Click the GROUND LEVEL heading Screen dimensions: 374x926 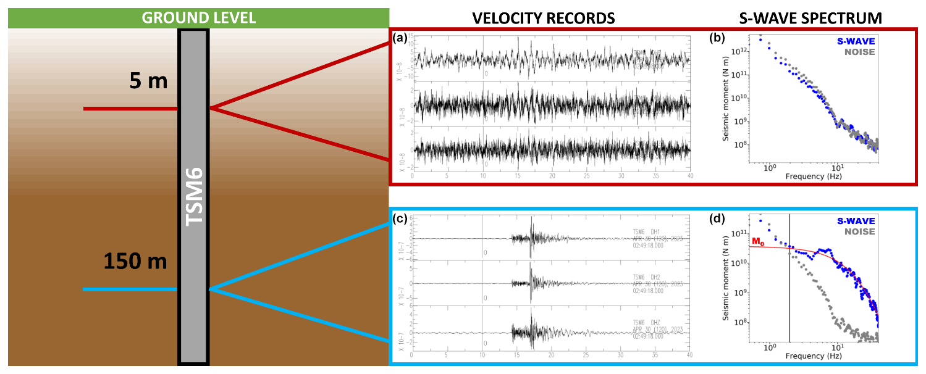pos(198,18)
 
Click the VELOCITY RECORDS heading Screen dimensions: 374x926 pos(544,19)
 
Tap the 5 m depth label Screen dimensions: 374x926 pos(148,81)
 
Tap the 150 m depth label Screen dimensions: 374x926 pos(135,261)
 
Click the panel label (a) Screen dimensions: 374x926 pos(400,38)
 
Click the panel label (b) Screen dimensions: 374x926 pos(718,38)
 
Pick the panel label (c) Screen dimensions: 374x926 pos(400,218)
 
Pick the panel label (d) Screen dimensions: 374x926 pos(718,218)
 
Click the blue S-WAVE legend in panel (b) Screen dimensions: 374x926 pos(856,41)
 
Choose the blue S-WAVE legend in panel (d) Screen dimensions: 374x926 pos(856,221)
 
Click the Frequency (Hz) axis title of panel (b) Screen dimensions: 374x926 pos(814,177)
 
